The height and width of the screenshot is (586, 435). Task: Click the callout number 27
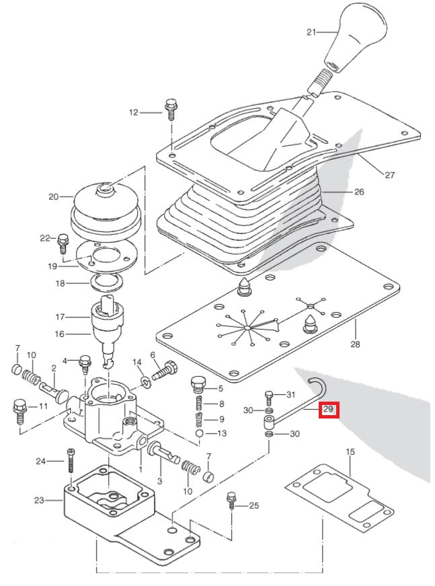click(x=389, y=176)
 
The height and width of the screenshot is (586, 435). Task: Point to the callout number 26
click(x=358, y=192)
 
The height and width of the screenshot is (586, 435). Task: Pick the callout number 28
click(x=355, y=344)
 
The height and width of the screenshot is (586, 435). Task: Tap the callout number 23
click(x=38, y=500)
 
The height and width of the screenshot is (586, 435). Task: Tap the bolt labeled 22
click(x=64, y=240)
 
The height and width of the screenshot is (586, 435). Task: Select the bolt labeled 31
click(x=270, y=397)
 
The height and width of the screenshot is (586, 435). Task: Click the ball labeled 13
click(x=200, y=434)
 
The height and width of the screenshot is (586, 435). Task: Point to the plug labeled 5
click(x=197, y=386)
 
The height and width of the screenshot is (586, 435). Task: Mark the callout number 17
click(x=59, y=316)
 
